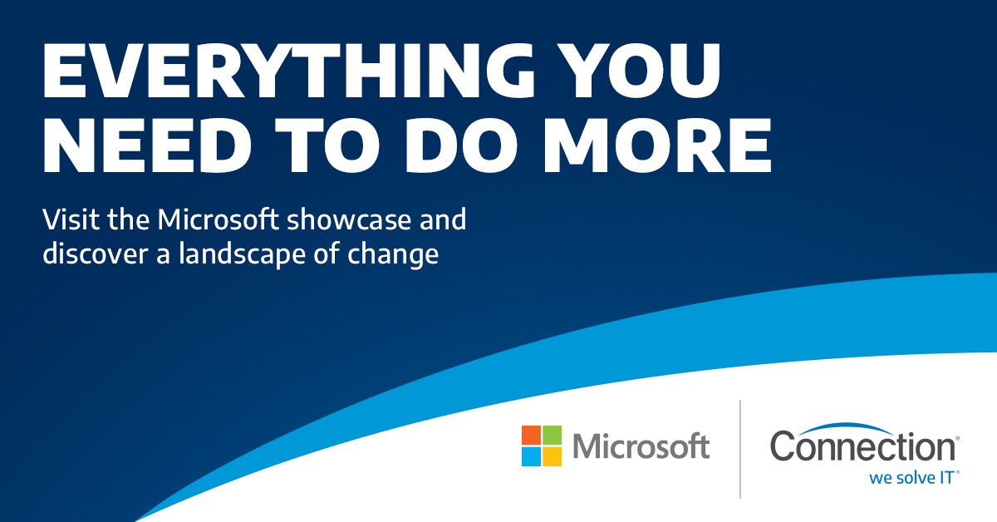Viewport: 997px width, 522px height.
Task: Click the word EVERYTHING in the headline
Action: pyautogui.click(x=288, y=71)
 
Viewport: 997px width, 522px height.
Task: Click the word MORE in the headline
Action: pyautogui.click(x=657, y=145)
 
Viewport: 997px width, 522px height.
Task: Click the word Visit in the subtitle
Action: pyautogui.click(x=71, y=219)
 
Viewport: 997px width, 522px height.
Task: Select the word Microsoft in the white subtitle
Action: pyautogui.click(x=218, y=219)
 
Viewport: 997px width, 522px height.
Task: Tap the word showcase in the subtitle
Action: pyautogui.click(x=349, y=219)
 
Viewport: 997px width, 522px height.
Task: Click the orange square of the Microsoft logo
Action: pyautogui.click(x=531, y=436)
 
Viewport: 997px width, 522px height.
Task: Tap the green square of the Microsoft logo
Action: pyautogui.click(x=552, y=436)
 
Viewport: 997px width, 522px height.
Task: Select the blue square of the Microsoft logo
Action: pyautogui.click(x=531, y=456)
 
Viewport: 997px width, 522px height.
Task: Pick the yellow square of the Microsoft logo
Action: pyautogui.click(x=552, y=456)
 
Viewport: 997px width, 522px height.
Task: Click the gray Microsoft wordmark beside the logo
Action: pyautogui.click(x=641, y=446)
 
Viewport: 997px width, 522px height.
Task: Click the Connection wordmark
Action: pyautogui.click(x=862, y=446)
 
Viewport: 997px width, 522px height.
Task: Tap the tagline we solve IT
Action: pyautogui.click(x=911, y=478)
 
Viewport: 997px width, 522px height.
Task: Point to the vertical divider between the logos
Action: pyautogui.click(x=740, y=449)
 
